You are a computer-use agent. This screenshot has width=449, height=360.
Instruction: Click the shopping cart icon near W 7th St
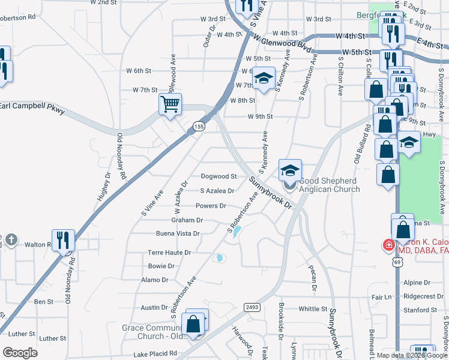pyautogui.click(x=170, y=104)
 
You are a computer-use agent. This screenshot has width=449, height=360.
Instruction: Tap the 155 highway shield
pyautogui.click(x=199, y=125)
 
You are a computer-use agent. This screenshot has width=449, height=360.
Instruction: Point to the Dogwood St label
pyautogui.click(x=218, y=176)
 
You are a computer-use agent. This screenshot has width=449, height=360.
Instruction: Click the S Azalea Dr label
pyautogui.click(x=217, y=191)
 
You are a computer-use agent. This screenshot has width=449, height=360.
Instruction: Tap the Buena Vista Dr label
pyautogui.click(x=178, y=233)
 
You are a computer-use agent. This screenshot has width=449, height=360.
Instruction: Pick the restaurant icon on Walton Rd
pyautogui.click(x=63, y=240)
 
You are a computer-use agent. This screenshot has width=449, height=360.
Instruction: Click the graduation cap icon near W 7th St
pyautogui.click(x=263, y=77)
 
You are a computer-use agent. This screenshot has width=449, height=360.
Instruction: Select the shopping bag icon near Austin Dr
pyautogui.click(x=194, y=324)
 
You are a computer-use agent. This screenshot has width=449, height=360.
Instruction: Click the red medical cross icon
pyautogui.click(x=388, y=245)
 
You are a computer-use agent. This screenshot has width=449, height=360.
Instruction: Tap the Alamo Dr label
pyautogui.click(x=155, y=280)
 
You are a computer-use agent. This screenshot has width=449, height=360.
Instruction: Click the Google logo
pyautogui.click(x=20, y=353)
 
